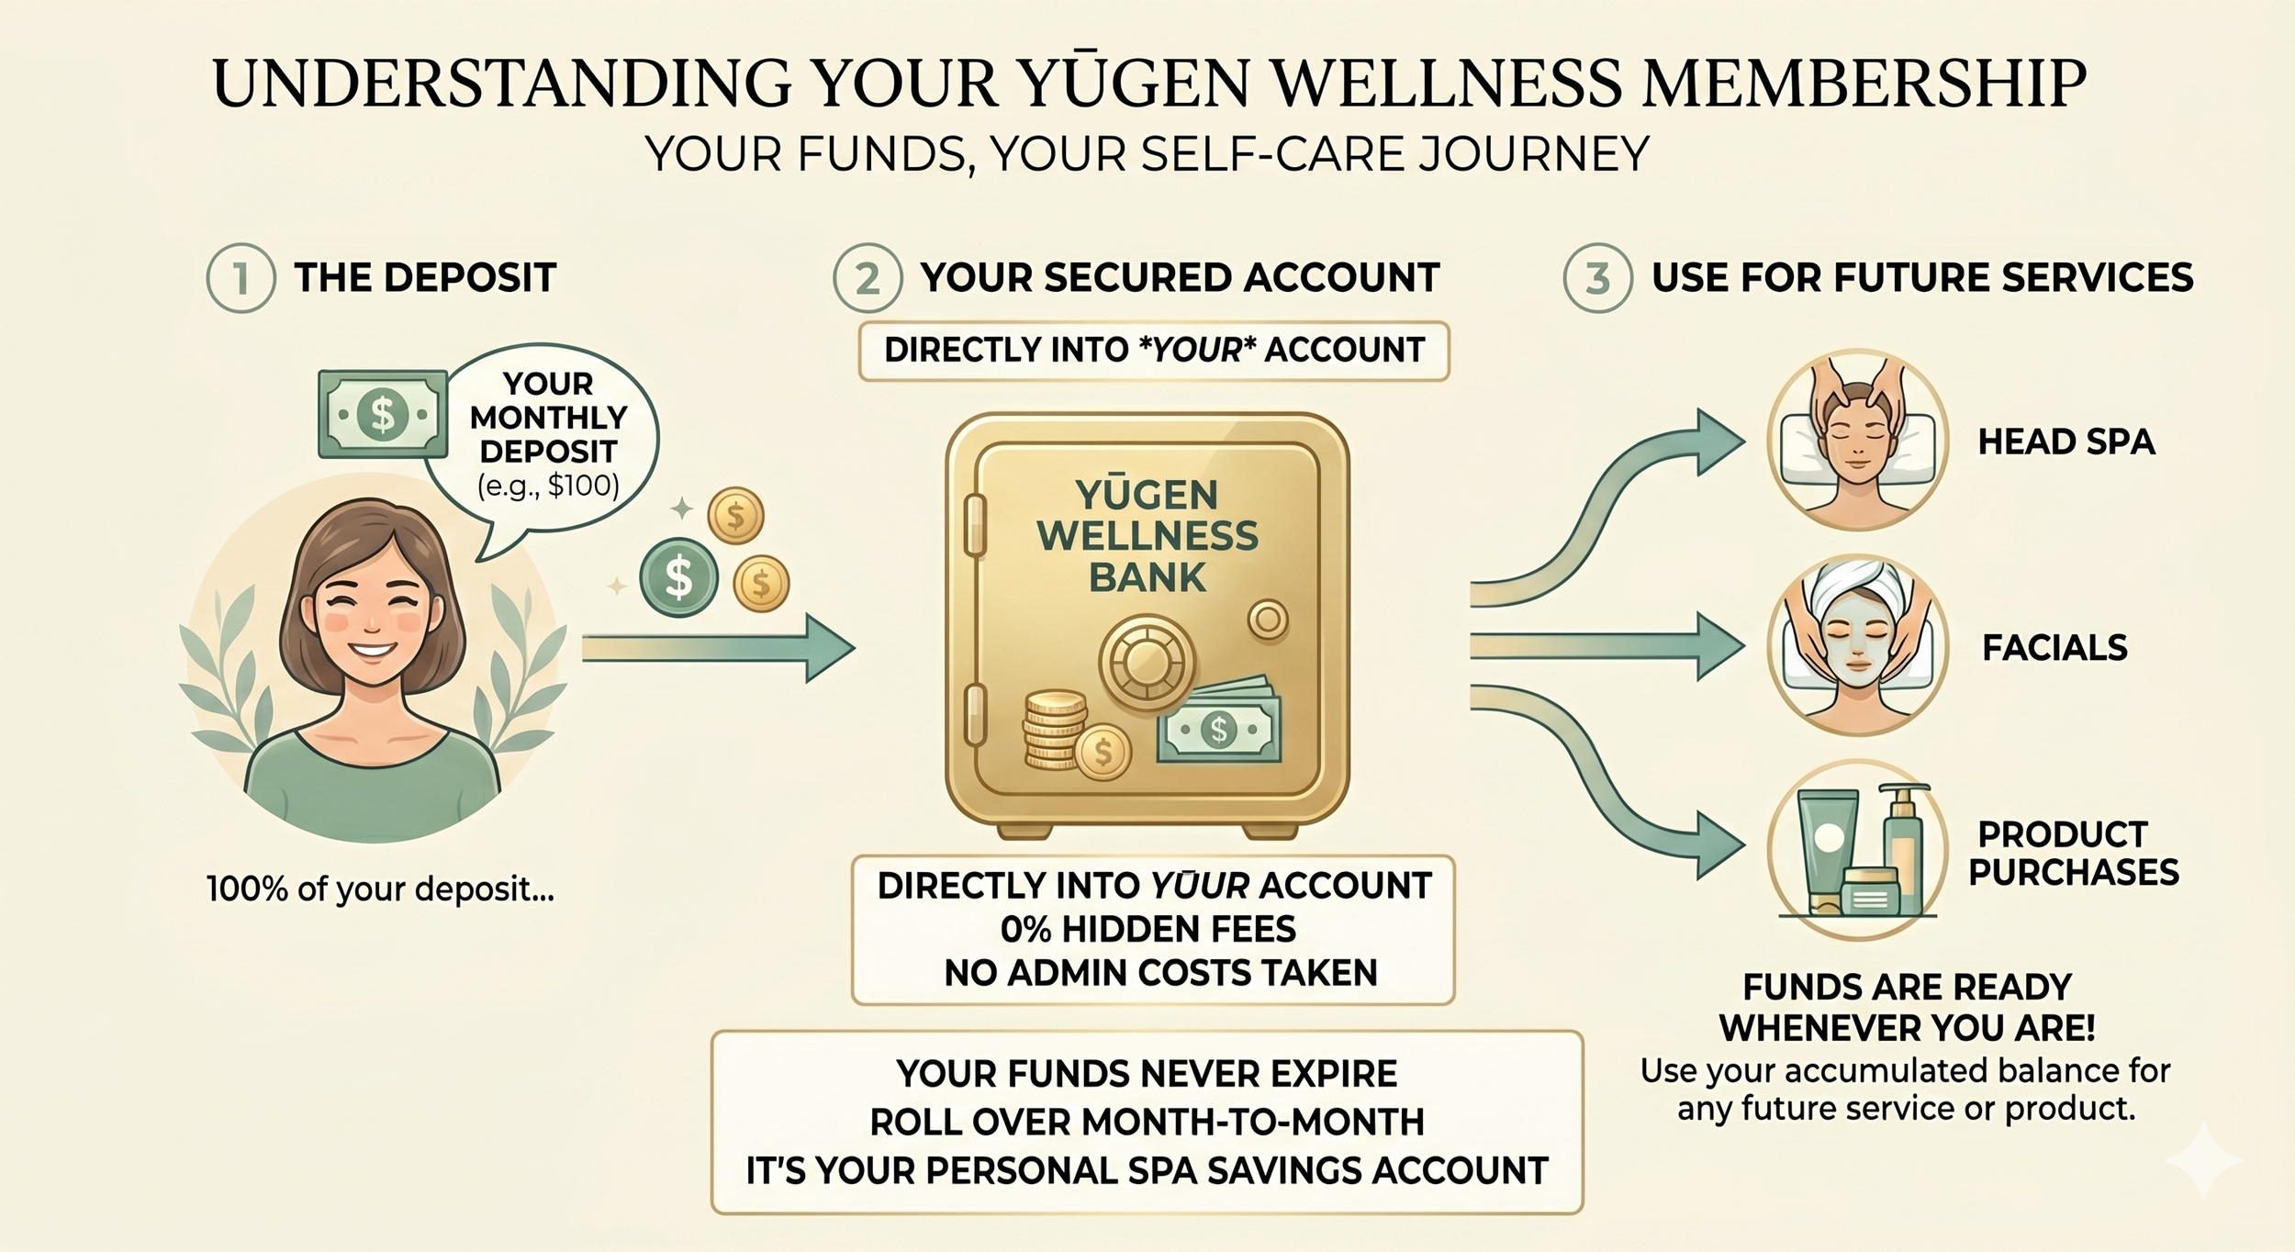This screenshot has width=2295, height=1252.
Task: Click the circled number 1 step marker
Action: click(x=241, y=278)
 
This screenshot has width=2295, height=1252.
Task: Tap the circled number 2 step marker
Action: click(x=868, y=278)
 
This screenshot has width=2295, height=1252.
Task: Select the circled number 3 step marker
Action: click(x=1597, y=278)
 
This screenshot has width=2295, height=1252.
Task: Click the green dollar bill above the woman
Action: click(x=382, y=414)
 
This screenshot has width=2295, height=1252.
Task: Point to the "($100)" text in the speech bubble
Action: click(x=549, y=485)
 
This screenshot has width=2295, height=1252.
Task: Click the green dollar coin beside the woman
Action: click(x=678, y=577)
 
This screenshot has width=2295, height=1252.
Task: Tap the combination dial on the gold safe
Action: click(x=1146, y=660)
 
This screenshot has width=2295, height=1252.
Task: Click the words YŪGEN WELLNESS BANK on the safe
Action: click(x=1147, y=536)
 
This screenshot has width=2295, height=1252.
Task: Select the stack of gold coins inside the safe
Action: click(x=1054, y=730)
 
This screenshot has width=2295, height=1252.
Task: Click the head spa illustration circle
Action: click(x=1857, y=440)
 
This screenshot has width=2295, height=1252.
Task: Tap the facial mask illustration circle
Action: click(x=1857, y=645)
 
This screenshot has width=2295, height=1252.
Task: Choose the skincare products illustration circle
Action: click(x=1857, y=850)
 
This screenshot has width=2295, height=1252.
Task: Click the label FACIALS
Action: click(x=2054, y=648)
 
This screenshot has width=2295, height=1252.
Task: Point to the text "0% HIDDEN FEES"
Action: click(x=1148, y=930)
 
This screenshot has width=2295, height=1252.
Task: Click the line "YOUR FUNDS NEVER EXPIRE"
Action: click(x=1147, y=1073)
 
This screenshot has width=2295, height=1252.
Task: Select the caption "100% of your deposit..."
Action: click(x=380, y=889)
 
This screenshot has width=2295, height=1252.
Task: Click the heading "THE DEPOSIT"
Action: click(x=425, y=278)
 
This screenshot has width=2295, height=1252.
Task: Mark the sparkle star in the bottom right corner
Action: click(x=2202, y=1161)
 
